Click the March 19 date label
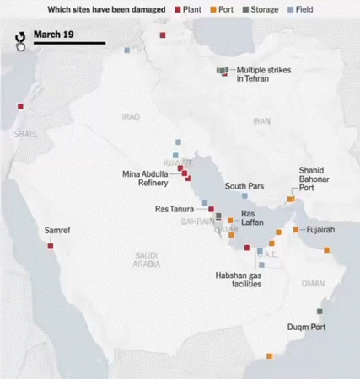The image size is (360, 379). [x=53, y=35]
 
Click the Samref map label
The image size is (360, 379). [x=57, y=230]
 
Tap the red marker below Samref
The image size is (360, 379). [x=51, y=246]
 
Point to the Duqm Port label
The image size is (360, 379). [x=307, y=327]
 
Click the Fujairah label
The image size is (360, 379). [x=321, y=230]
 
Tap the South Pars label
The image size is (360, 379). [x=244, y=186]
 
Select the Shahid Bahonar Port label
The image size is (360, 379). [x=317, y=179]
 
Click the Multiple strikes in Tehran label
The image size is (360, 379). [x=263, y=74]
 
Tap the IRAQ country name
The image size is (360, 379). [x=131, y=117]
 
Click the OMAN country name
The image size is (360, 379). [x=313, y=283]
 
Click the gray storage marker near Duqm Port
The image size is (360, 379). [x=319, y=312]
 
